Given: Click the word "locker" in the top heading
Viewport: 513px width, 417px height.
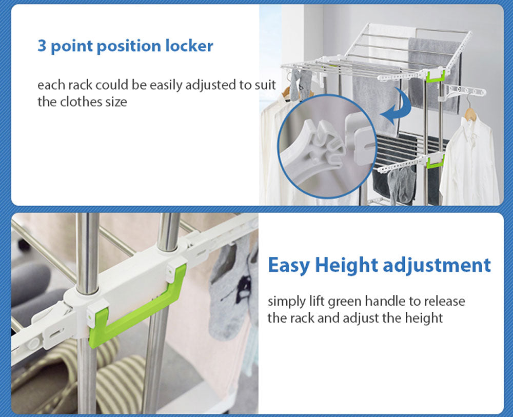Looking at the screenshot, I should (189, 46).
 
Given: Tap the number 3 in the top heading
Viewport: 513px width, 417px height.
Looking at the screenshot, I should (42, 46).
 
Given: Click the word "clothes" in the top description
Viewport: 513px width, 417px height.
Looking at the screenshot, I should (80, 102).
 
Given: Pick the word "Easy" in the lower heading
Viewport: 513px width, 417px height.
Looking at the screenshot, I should (289, 265).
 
